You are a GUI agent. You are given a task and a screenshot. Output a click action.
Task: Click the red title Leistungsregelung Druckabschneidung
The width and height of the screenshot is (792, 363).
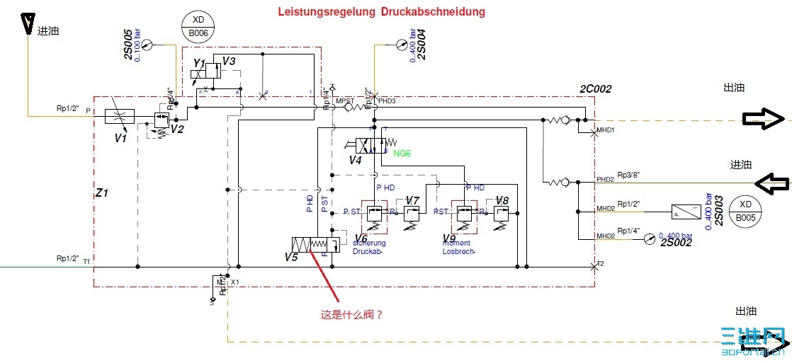point(380,12)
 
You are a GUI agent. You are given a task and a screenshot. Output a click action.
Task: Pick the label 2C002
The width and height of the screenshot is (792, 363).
point(595,89)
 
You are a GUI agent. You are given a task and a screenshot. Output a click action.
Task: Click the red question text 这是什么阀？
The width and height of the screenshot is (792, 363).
point(351,314)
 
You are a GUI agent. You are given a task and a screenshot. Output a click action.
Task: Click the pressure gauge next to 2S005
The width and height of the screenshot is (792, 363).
point(147,45)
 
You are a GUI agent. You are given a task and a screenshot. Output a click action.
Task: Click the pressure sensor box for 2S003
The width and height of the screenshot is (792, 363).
point(685,211)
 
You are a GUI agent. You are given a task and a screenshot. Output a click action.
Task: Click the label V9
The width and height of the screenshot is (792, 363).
point(448,238)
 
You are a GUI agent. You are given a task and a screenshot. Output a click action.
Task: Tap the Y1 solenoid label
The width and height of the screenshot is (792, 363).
point(199,64)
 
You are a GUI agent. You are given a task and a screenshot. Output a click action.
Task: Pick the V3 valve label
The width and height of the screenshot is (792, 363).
point(229,62)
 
